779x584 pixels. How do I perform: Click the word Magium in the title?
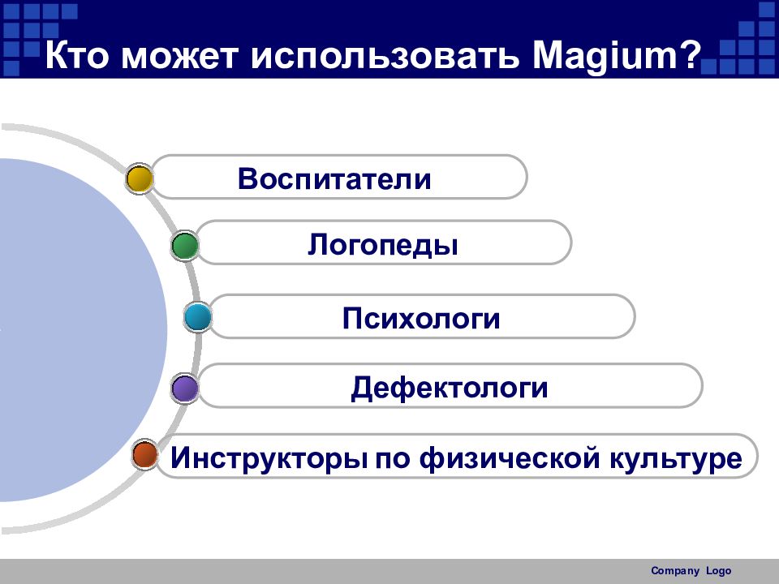[605, 56]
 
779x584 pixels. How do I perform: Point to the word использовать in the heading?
[385, 57]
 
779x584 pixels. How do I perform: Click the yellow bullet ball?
[140, 179]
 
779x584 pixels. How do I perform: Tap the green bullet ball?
[185, 246]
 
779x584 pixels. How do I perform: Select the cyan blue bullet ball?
[198, 317]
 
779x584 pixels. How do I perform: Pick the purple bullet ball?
[185, 388]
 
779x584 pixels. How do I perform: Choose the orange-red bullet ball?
[145, 454]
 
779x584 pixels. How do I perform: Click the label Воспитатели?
[334, 178]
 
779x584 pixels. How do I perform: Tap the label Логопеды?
[382, 245]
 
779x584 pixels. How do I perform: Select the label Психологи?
[421, 318]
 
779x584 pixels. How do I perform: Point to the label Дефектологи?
[449, 388]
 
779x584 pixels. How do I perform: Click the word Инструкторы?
[269, 458]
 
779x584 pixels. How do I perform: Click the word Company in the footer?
[675, 571]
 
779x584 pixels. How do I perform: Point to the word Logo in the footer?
[718, 571]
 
